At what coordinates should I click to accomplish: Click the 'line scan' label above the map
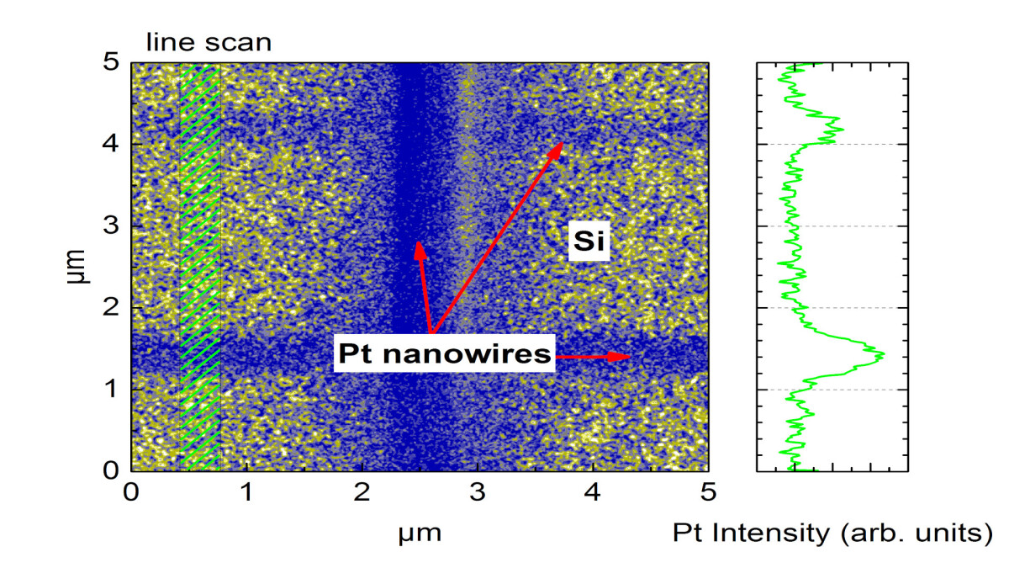coord(209,42)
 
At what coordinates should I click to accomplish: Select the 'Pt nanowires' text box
coord(444,354)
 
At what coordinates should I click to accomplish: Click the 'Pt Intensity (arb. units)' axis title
coord(827,532)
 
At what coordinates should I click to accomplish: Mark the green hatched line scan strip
coord(199,266)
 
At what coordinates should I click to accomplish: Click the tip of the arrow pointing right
coord(630,357)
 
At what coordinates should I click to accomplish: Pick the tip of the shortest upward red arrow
coord(416,242)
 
